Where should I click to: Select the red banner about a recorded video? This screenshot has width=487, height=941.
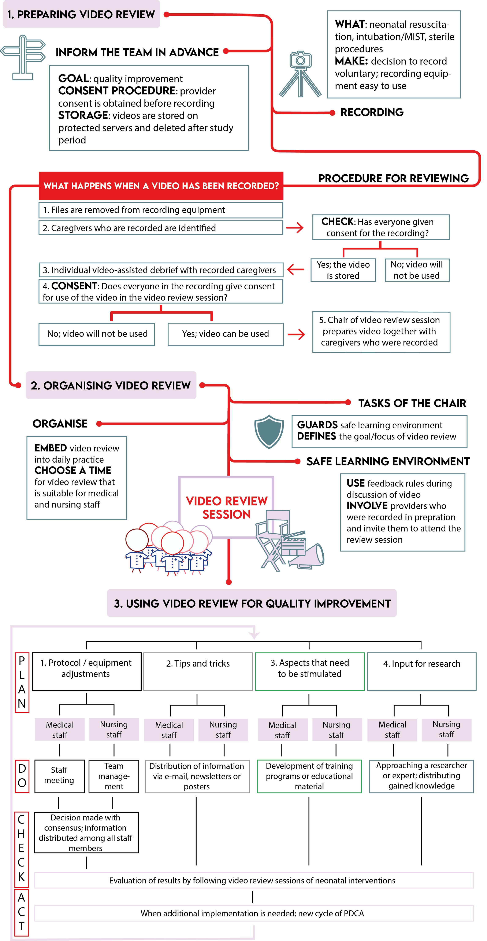click(161, 186)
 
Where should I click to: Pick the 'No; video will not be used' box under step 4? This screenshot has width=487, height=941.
click(97, 334)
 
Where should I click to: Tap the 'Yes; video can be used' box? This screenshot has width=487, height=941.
click(225, 334)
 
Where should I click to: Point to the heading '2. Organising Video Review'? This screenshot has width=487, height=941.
click(111, 385)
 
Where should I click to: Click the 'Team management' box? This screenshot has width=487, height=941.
click(114, 776)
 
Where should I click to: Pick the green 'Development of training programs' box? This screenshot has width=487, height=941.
click(309, 776)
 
